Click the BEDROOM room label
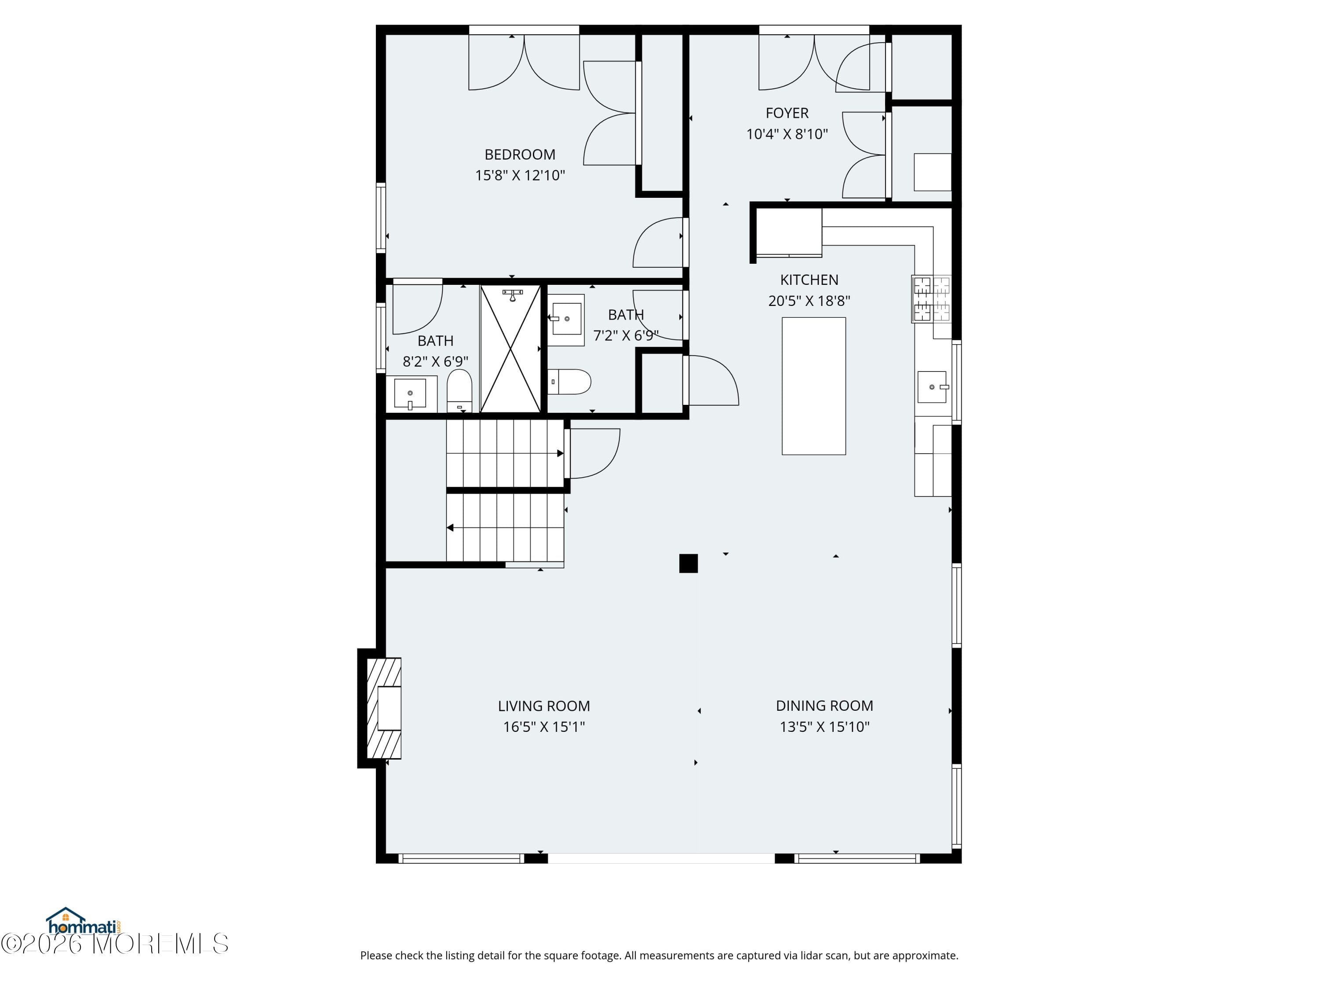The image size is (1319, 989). [x=520, y=154]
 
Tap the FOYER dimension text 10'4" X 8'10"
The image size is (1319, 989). [x=787, y=134]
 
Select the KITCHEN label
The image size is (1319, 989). [x=809, y=280]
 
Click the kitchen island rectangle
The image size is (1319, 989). [x=814, y=386]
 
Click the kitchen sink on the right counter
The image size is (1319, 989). [x=933, y=387]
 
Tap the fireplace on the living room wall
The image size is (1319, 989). [x=383, y=708]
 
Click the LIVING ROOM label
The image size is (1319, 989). [x=544, y=706]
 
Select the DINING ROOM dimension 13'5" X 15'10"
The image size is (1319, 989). [x=825, y=727]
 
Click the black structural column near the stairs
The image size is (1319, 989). [x=689, y=564]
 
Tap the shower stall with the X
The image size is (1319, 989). [x=510, y=349]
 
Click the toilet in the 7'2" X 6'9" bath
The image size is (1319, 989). [x=569, y=382]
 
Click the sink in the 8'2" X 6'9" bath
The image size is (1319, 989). [x=410, y=393]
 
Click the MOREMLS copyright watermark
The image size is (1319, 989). [x=114, y=943]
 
